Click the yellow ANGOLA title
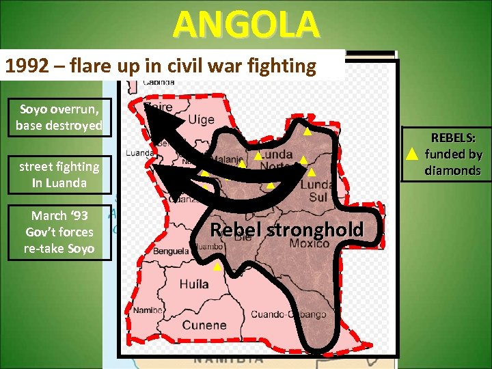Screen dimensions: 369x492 pos(246,25)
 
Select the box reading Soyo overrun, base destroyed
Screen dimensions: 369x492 pos(59,118)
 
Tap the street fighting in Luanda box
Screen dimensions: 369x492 pos(59,174)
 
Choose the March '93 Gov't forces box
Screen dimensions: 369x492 pos(59,232)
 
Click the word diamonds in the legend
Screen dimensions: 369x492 pos(452,170)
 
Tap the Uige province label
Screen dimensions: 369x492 pos(200,120)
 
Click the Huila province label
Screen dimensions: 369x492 pos(195,284)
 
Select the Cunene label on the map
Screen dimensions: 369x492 pos(204,325)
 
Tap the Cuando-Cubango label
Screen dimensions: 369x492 pos(288,314)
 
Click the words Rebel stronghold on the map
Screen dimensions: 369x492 pos(286,230)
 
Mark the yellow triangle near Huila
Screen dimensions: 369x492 pos(217,266)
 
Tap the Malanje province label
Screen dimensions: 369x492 pos(231,160)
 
